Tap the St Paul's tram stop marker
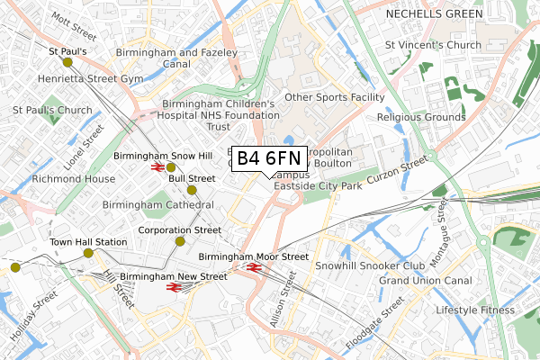coord(67,62)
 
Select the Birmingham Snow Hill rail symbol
coord(157,166)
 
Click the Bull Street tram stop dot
coord(192,190)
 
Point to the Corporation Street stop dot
coord(180,241)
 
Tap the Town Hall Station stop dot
coord(88,253)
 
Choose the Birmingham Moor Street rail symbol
coord(253,267)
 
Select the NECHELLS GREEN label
coord(429,15)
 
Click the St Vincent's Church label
coord(434,44)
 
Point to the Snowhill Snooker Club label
coord(368,266)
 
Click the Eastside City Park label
coord(318,186)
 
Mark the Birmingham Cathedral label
coord(157,205)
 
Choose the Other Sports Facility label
coord(334,96)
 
